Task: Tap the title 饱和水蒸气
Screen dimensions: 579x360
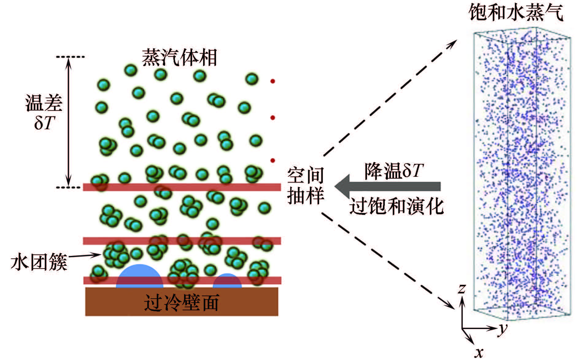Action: (x=516, y=13)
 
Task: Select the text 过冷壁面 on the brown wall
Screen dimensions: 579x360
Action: (x=182, y=303)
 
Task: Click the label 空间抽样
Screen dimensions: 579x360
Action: (x=306, y=186)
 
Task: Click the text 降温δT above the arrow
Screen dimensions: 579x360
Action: (x=394, y=171)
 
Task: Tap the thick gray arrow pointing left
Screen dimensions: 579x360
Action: (x=388, y=187)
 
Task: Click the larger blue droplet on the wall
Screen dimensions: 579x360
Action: (x=140, y=276)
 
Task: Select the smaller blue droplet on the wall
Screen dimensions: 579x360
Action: (x=227, y=281)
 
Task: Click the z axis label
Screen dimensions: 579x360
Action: (x=461, y=288)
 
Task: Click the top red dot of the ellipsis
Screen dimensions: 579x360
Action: (x=272, y=81)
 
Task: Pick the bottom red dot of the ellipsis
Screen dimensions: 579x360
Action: (x=272, y=160)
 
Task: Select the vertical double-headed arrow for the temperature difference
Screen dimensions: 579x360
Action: (x=69, y=122)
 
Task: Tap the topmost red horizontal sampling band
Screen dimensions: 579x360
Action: (x=182, y=187)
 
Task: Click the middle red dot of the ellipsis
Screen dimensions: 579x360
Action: (x=272, y=118)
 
